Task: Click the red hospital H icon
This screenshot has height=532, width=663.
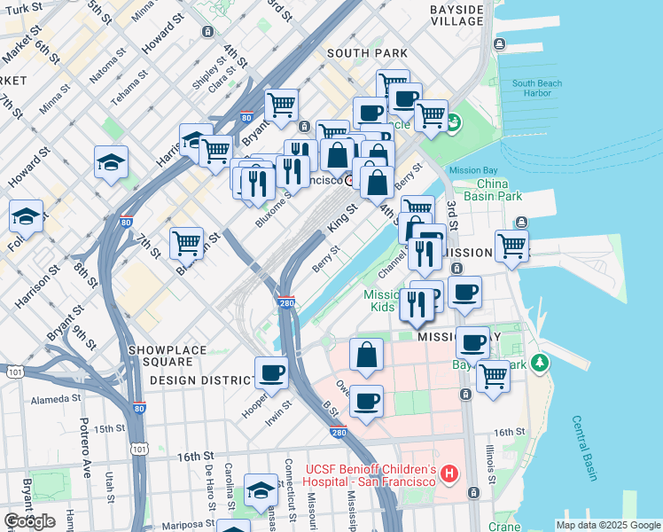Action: point(449,474)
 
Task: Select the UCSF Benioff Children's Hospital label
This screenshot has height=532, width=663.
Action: point(370,474)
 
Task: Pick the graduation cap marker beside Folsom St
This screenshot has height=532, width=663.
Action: point(27,215)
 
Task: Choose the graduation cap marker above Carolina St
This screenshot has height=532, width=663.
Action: point(261,489)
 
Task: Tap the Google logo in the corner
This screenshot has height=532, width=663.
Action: point(29,520)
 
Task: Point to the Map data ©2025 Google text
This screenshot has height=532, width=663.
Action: point(607,525)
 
